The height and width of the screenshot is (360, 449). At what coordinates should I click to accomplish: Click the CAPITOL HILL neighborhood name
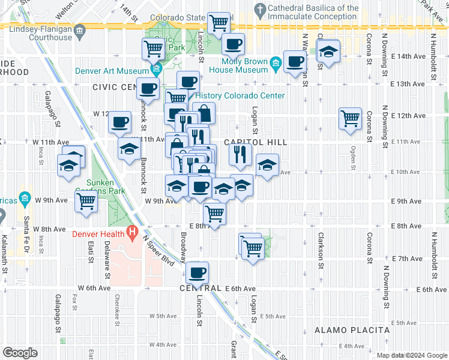[x=256, y=143]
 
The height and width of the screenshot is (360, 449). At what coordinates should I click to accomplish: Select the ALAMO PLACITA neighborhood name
[x=352, y=331]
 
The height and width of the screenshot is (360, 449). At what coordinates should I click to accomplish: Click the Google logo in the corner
[x=20, y=353]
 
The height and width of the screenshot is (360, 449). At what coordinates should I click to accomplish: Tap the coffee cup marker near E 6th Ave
[x=197, y=274]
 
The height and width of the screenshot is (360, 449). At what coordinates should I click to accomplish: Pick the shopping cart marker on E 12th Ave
[x=350, y=118]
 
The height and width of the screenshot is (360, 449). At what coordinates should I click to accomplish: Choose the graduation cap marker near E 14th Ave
[x=328, y=52]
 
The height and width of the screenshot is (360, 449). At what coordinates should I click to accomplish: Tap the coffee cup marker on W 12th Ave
[x=119, y=122]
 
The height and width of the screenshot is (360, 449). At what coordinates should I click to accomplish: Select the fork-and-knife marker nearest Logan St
[x=240, y=155]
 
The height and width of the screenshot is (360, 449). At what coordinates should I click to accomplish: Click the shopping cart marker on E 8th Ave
[x=214, y=213]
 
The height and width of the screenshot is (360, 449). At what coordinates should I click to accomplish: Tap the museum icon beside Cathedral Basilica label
[x=259, y=10]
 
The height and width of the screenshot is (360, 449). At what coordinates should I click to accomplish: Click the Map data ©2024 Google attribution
[x=411, y=355]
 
